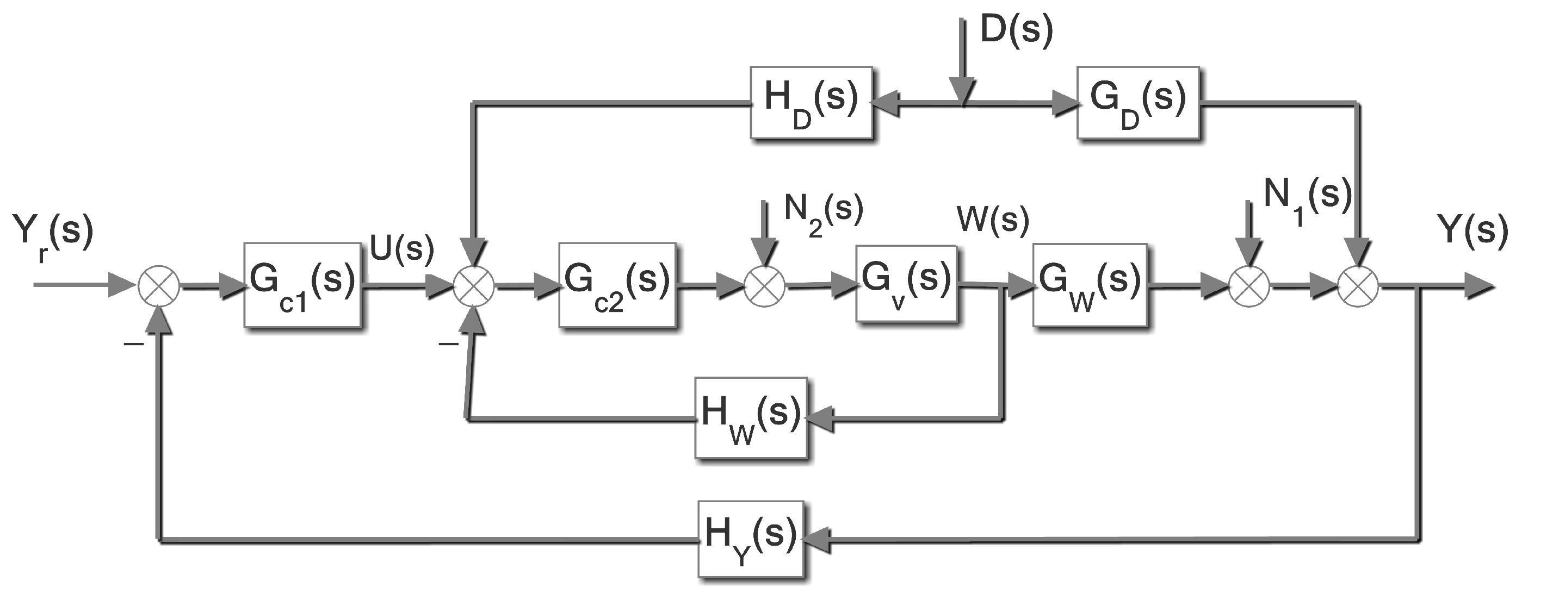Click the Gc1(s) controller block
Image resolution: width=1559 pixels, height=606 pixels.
click(x=302, y=285)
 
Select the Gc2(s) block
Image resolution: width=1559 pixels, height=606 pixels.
click(x=617, y=285)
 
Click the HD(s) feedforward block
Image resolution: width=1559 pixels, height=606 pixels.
click(x=811, y=102)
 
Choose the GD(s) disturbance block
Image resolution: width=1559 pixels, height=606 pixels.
click(x=1138, y=103)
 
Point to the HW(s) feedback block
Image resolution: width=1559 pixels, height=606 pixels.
click(x=751, y=418)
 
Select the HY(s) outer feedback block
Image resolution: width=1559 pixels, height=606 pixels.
click(x=751, y=539)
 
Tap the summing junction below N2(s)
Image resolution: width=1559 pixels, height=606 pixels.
click(x=764, y=286)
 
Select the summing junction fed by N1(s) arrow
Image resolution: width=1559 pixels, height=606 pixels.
click(x=1249, y=286)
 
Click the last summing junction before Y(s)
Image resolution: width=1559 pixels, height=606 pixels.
click(x=1358, y=286)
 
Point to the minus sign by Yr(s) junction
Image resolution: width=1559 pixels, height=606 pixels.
click(x=134, y=343)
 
